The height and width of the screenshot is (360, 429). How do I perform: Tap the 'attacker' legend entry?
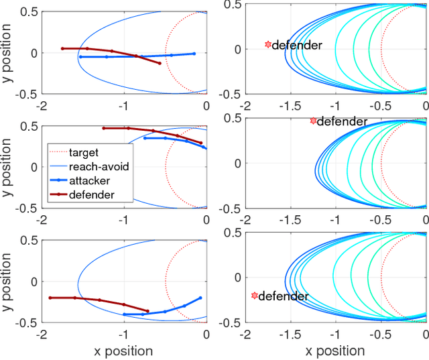[94, 180]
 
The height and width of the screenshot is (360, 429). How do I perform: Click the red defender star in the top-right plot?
[268, 44]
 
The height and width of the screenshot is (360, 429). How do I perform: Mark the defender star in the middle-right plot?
[313, 121]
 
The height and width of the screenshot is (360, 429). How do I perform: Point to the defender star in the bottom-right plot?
[254, 295]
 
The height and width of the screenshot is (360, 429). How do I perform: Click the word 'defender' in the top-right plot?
[298, 46]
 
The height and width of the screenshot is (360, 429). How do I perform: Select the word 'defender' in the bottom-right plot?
[284, 296]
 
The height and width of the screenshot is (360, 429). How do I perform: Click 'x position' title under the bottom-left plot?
[123, 351]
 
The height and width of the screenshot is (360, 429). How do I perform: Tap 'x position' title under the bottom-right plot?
[335, 351]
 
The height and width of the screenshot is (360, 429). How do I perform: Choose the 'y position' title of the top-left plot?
[9, 52]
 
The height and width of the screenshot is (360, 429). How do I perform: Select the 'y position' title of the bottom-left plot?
[9, 282]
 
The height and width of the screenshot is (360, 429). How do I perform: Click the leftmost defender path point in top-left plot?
[62, 48]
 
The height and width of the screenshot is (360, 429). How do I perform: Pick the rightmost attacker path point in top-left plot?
[194, 54]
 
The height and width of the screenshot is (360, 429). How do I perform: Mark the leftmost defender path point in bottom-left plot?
[50, 298]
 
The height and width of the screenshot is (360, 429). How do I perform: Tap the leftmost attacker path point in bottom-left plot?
[124, 314]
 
